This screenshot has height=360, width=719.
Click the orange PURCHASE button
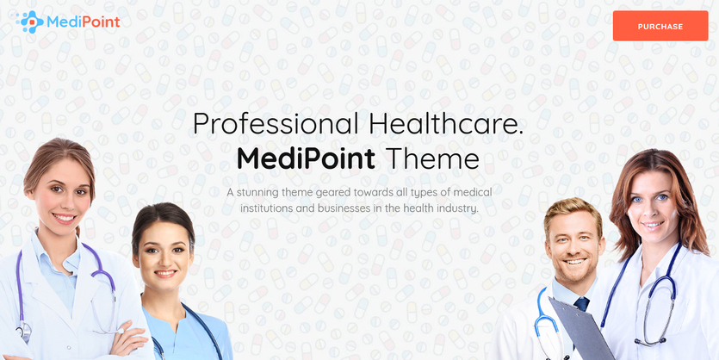pyautogui.click(x=660, y=26)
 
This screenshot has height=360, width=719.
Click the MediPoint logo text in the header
pyautogui.click(x=83, y=22)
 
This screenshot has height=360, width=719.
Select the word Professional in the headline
pyautogui.click(x=276, y=124)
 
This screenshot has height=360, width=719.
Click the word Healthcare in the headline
pyautogui.click(x=445, y=123)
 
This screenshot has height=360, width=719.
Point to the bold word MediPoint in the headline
pyautogui.click(x=306, y=159)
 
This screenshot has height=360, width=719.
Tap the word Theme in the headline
pyautogui.click(x=432, y=159)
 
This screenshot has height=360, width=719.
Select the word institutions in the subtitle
pyautogui.click(x=264, y=208)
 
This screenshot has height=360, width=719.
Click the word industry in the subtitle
pyautogui.click(x=461, y=208)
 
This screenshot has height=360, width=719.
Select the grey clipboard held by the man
pyautogui.click(x=581, y=328)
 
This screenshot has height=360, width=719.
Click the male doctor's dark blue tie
pyautogui.click(x=582, y=304)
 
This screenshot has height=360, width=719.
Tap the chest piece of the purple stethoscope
pyautogui.click(x=23, y=331)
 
